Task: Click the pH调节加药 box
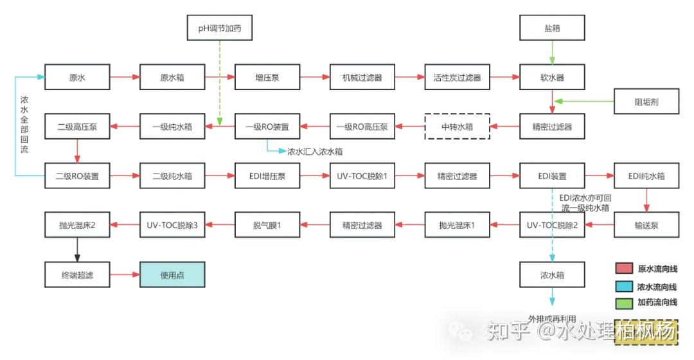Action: tap(220, 28)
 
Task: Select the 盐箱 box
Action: tap(552, 28)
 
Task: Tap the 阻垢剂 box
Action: tap(646, 102)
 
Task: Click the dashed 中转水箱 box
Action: tap(457, 127)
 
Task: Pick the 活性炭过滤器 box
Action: tap(457, 77)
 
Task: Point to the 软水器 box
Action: tap(552, 77)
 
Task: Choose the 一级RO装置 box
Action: tap(267, 127)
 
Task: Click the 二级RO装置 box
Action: tap(77, 175)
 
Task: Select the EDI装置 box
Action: tap(552, 175)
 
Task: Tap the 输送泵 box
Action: tap(646, 225)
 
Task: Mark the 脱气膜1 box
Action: tap(267, 225)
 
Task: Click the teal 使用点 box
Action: tap(172, 274)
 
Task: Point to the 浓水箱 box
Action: tap(552, 274)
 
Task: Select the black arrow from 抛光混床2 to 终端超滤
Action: tap(77, 250)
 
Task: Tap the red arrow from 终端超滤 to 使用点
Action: tap(125, 274)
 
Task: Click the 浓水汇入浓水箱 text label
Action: tap(315, 152)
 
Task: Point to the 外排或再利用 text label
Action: tap(552, 319)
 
